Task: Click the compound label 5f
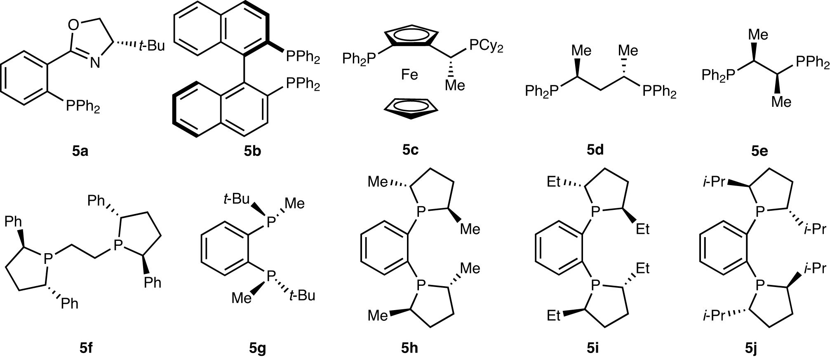(86, 349)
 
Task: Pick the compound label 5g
(257, 349)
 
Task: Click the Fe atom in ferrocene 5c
(409, 75)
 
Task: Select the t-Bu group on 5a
(151, 46)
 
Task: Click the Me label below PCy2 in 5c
(455, 85)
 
